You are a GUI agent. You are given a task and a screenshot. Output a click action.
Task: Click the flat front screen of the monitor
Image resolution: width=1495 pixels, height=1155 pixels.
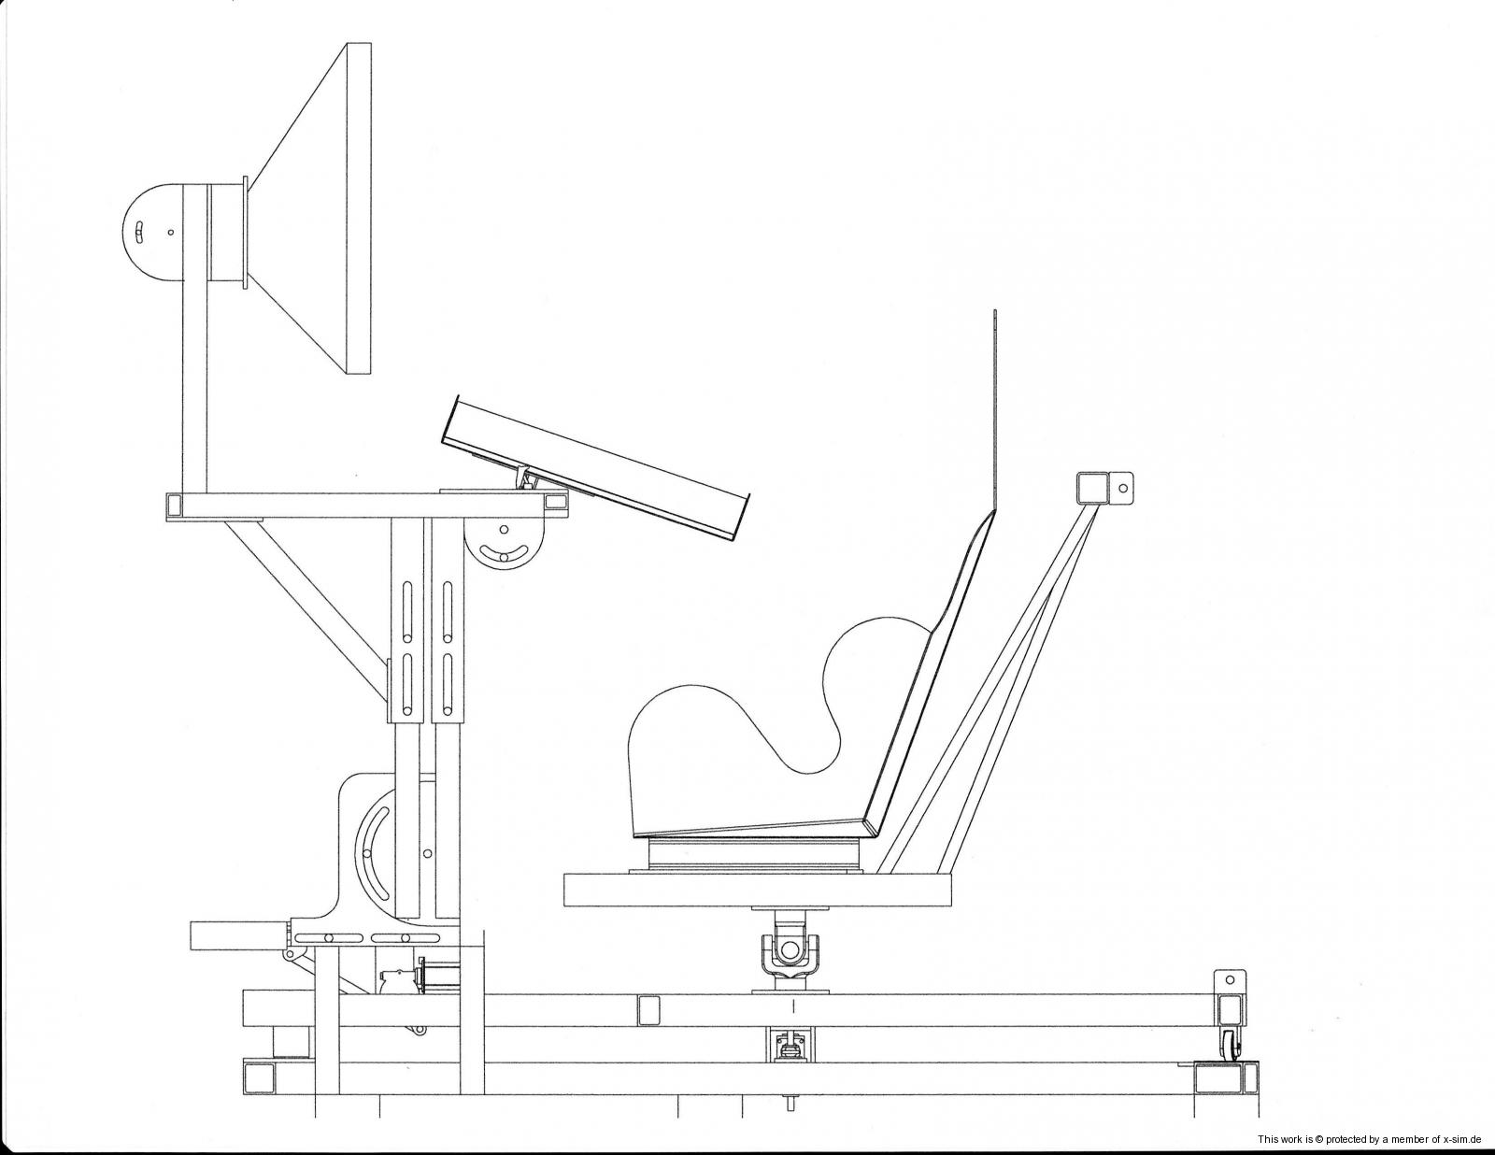359,209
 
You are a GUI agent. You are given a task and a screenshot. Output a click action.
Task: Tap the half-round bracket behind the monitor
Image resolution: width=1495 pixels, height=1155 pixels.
152,232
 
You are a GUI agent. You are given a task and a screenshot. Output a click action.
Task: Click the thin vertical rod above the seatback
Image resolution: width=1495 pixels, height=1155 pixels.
994,410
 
